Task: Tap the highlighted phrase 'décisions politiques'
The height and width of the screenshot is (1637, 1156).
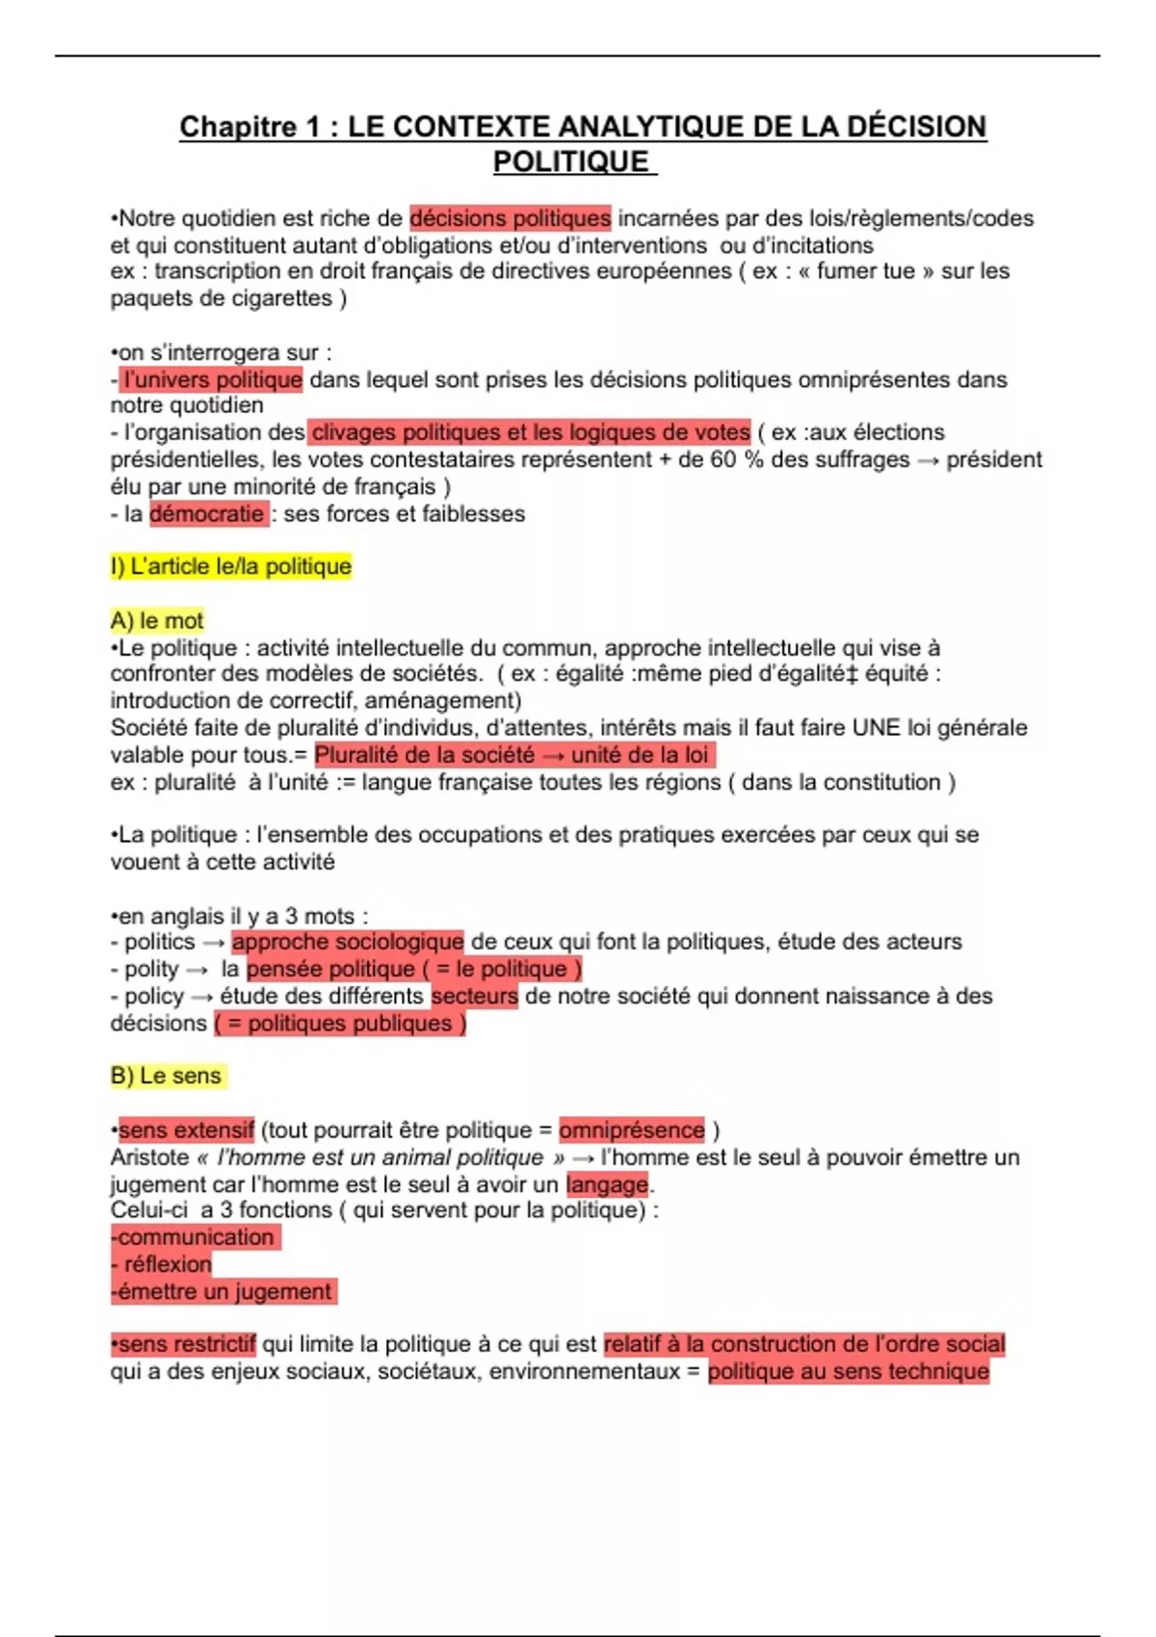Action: [510, 219]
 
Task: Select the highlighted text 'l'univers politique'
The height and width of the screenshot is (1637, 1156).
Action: [212, 379]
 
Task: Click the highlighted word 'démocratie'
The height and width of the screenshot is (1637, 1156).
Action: [207, 513]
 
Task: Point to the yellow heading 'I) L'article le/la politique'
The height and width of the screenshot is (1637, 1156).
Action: [231, 566]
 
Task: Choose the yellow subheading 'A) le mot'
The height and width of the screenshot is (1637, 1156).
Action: [157, 620]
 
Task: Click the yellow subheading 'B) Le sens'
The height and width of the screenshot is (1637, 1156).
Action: [167, 1076]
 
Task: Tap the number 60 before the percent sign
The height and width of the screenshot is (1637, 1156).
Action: [723, 459]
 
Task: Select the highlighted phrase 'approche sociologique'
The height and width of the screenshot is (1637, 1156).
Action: [348, 941]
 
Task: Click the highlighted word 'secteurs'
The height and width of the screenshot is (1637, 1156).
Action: [475, 996]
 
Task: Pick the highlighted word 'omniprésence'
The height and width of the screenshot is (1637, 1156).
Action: [632, 1130]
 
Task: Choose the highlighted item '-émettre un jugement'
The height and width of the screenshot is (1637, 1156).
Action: [223, 1290]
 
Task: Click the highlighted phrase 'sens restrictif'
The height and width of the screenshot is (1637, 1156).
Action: [186, 1343]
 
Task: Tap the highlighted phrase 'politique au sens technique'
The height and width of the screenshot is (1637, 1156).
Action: [849, 1370]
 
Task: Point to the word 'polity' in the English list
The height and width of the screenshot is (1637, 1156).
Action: [151, 969]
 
